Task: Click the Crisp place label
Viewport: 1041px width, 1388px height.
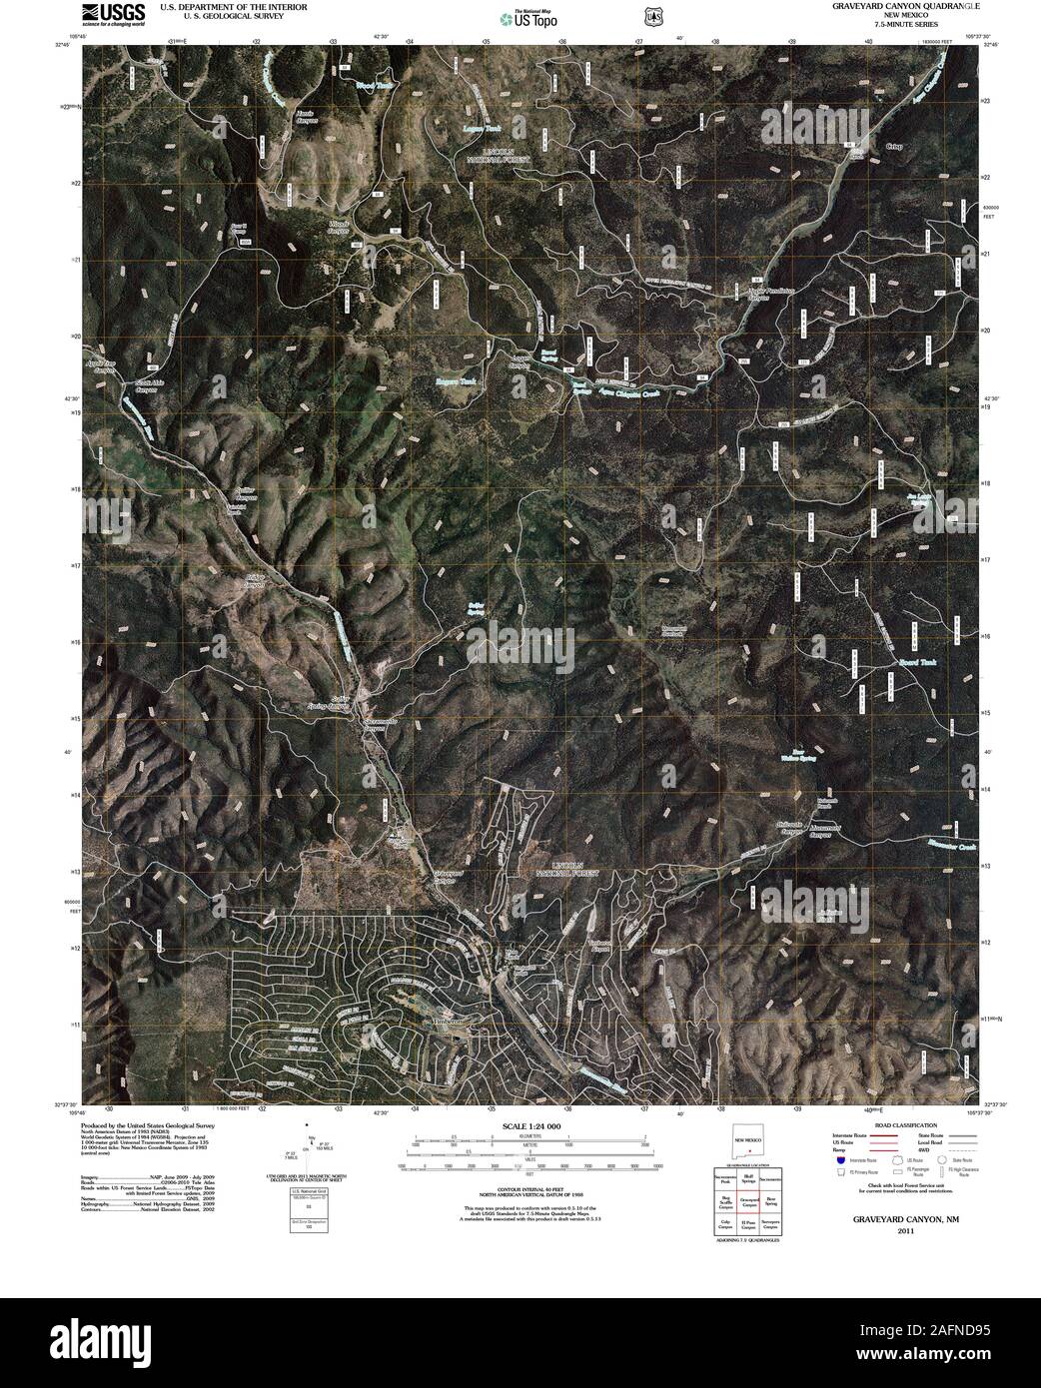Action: tap(894, 147)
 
